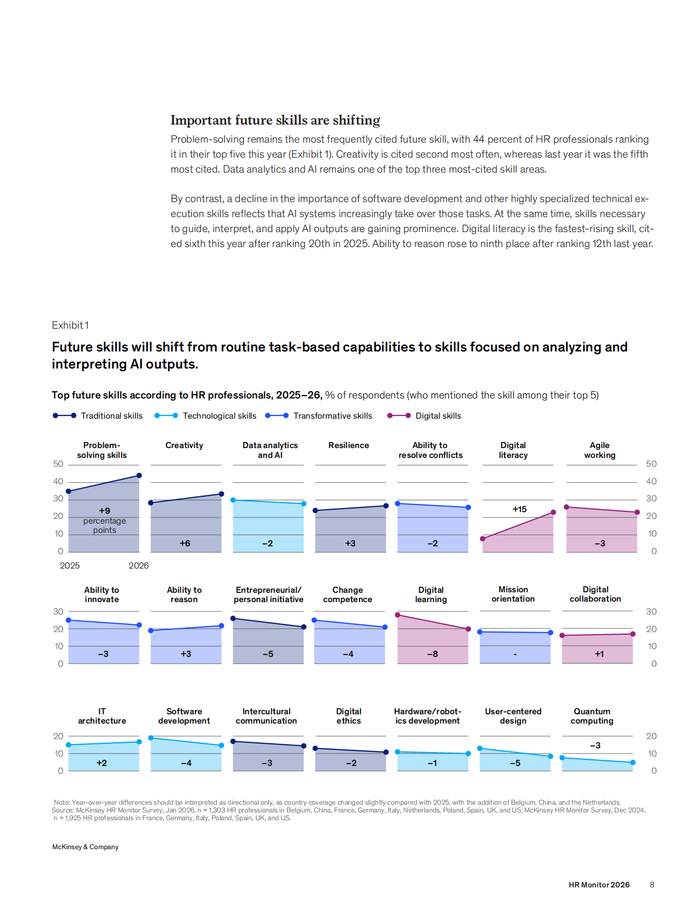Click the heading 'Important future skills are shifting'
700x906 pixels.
(x=276, y=120)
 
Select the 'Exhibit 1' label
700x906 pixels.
(x=70, y=325)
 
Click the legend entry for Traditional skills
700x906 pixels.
(x=98, y=416)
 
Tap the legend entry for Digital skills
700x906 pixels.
(x=424, y=416)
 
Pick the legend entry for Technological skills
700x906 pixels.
(x=205, y=416)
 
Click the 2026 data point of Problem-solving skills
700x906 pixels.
(x=139, y=475)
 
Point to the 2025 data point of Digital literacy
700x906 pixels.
(x=483, y=539)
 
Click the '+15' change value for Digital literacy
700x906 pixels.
(x=520, y=509)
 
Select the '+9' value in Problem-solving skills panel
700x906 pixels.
(x=104, y=511)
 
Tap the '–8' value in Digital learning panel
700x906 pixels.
(x=433, y=654)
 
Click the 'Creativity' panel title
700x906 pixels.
(x=184, y=445)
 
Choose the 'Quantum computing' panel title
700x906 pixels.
(x=592, y=716)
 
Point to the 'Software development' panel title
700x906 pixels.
(x=184, y=716)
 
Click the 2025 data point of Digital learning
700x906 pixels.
(x=398, y=615)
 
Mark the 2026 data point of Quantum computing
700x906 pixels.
(x=633, y=762)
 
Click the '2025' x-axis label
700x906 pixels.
(x=70, y=565)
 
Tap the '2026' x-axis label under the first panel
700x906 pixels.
(x=139, y=565)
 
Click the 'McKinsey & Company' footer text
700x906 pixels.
(x=85, y=847)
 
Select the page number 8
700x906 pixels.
(x=652, y=885)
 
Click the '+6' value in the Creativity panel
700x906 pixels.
(x=185, y=543)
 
